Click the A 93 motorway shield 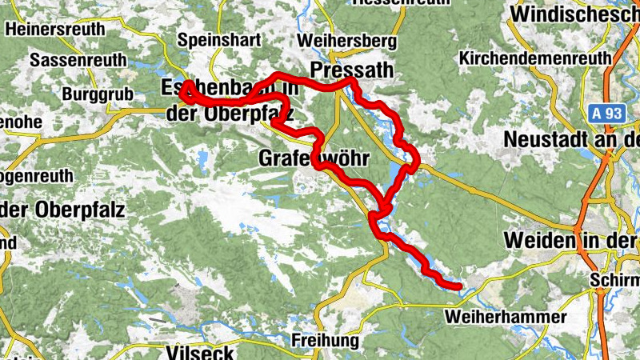pyautogui.click(x=607, y=114)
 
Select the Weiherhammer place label pyautogui.click(x=506, y=318)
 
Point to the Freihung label pyautogui.click(x=326, y=341)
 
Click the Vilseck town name pyautogui.click(x=199, y=352)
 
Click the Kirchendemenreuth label pyautogui.click(x=535, y=58)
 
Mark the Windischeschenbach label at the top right pyautogui.click(x=574, y=14)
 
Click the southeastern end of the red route pyautogui.click(x=459, y=286)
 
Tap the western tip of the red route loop pyautogui.click(x=183, y=92)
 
